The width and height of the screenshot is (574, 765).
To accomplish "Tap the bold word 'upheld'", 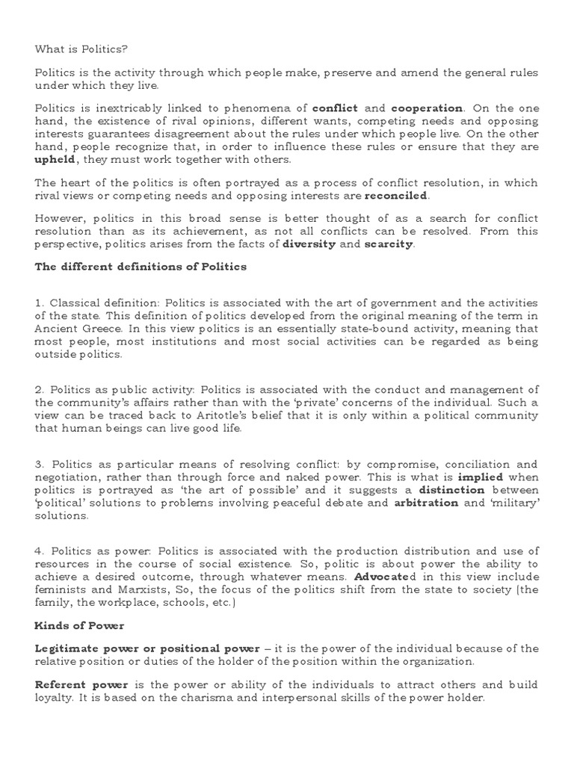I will [56, 159].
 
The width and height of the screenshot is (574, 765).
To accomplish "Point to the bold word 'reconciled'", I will [396, 196].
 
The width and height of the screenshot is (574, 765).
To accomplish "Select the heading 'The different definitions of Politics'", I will [141, 267].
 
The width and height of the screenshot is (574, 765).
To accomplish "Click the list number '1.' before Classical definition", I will [40, 303].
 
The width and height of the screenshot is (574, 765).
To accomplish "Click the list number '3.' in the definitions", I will [40, 465].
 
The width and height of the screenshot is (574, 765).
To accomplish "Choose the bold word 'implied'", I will [481, 477].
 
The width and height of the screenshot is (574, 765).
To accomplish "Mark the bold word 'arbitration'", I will [425, 503].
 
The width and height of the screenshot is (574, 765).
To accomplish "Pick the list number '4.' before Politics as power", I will [40, 552].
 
